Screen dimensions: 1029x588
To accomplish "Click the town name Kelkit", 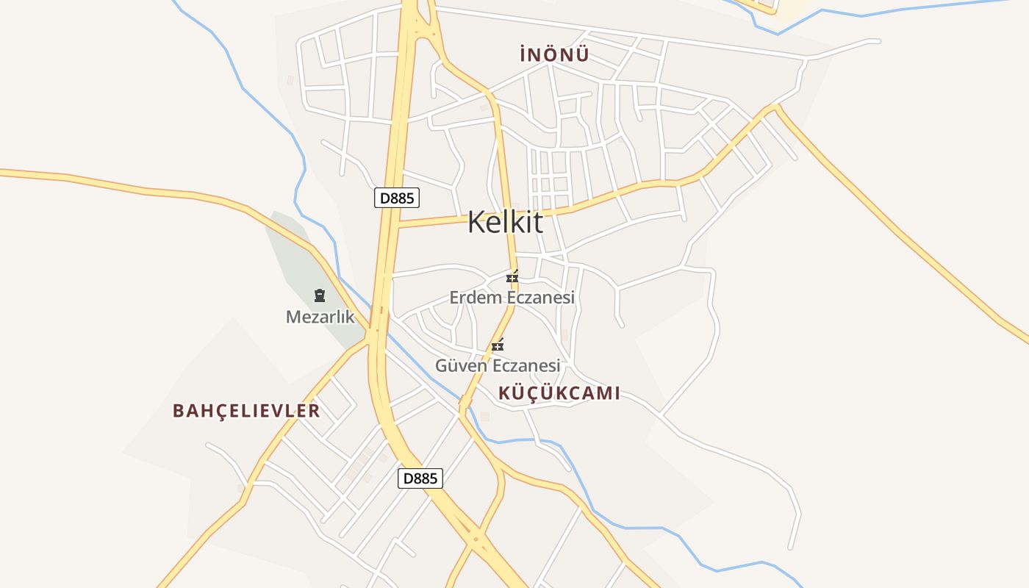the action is tap(505, 222).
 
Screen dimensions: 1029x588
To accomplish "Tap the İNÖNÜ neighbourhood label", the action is tap(554, 54).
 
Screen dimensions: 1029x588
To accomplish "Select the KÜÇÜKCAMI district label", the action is tap(559, 393).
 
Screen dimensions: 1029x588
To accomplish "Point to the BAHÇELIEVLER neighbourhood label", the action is tap(246, 411).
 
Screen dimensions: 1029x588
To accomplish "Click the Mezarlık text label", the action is tap(320, 318).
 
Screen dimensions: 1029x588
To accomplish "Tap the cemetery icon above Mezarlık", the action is tap(320, 295).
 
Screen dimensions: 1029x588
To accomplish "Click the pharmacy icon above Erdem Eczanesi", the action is tap(512, 277).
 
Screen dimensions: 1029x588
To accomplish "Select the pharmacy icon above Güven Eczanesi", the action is tap(498, 345).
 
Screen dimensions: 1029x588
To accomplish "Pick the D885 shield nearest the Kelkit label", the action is tap(397, 198).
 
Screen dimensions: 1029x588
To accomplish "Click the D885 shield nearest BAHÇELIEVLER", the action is tap(420, 478).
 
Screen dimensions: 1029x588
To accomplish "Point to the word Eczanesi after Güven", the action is tap(526, 365).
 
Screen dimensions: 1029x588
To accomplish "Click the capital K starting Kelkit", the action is tap(476, 222).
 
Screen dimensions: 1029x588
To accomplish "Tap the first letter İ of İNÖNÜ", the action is tap(523, 54).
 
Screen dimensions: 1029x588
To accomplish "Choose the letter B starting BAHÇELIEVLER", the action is tap(179, 411).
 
